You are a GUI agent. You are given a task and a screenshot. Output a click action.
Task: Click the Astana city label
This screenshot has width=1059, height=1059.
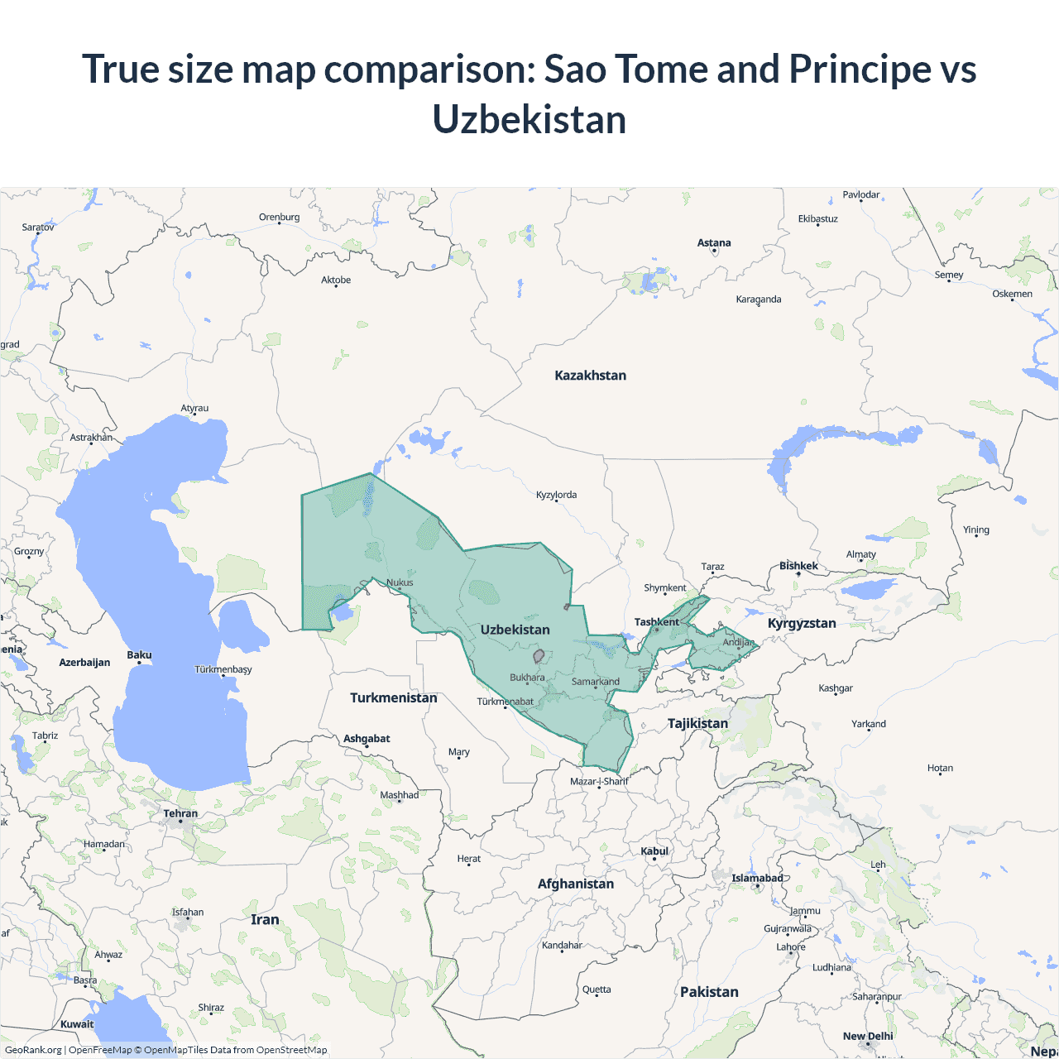[x=714, y=243]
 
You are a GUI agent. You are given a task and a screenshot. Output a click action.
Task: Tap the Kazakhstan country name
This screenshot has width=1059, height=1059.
[x=590, y=376]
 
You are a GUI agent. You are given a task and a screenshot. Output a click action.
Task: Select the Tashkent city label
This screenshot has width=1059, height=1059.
[x=656, y=622]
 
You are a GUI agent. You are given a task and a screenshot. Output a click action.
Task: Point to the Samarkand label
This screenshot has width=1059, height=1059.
[x=596, y=682]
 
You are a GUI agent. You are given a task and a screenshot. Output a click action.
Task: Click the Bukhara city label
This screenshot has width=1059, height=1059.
[x=527, y=678]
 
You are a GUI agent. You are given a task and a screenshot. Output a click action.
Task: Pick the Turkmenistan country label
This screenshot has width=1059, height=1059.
[x=393, y=698]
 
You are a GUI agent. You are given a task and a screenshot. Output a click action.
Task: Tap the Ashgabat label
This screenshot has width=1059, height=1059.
[x=367, y=739]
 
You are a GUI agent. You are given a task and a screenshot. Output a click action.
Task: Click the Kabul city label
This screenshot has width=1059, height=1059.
[x=654, y=851]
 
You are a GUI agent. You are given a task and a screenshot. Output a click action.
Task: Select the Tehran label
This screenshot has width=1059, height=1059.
[x=180, y=814]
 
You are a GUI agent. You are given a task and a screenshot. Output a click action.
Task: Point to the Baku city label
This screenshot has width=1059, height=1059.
[x=139, y=655]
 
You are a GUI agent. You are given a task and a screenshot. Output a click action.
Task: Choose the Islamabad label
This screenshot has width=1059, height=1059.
[x=757, y=879]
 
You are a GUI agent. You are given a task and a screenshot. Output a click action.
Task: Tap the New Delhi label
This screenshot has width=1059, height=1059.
[x=868, y=1037]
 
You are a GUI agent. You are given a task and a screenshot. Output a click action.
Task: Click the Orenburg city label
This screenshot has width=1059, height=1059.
[x=279, y=218]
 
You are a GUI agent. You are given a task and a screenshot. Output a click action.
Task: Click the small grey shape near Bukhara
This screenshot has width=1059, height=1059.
[x=539, y=656]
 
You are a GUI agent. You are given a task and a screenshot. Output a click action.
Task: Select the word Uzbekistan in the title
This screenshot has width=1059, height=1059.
[x=529, y=120]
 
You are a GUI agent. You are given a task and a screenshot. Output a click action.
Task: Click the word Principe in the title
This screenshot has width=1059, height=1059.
[x=860, y=69]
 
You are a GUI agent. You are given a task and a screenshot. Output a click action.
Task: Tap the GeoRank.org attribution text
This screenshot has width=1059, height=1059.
[x=33, y=1050]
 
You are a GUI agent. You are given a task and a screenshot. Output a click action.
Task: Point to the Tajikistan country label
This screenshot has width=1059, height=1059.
[x=697, y=724]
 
